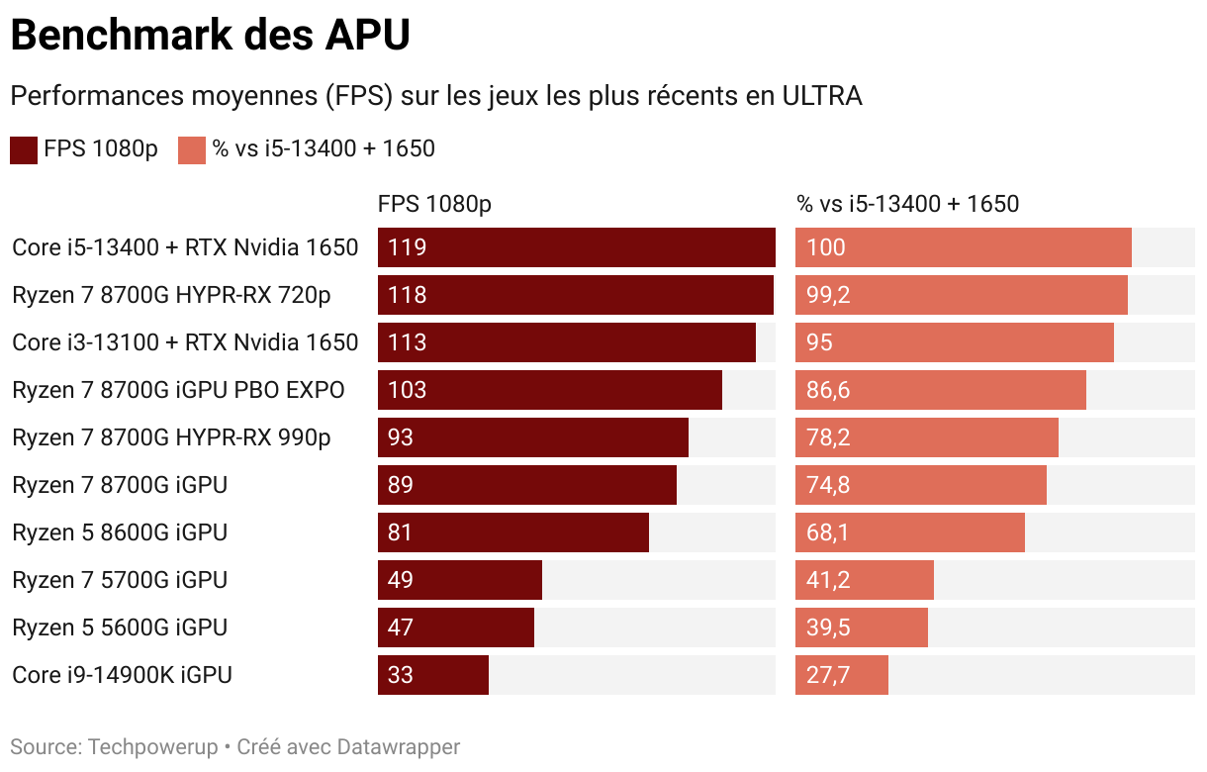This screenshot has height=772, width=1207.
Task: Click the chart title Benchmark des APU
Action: [210, 36]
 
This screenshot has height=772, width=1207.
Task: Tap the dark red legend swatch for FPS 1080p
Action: [24, 149]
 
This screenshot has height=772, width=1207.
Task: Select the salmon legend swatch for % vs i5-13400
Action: [191, 149]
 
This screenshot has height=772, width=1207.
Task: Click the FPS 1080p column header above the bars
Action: [434, 204]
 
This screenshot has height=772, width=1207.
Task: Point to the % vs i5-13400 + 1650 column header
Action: [907, 204]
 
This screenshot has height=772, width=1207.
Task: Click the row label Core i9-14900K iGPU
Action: [122, 675]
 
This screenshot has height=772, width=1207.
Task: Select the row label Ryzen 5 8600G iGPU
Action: [120, 532]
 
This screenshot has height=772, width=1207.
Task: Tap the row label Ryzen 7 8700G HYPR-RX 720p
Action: [171, 295]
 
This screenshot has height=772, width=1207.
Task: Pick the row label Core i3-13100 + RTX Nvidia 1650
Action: [185, 342]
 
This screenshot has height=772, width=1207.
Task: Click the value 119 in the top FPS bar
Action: [408, 247]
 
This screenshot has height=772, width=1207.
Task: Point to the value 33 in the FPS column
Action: [401, 675]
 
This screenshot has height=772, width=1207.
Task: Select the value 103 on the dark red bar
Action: [408, 390]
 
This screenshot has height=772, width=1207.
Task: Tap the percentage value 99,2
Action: [828, 295]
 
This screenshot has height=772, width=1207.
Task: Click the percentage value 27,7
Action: [828, 675]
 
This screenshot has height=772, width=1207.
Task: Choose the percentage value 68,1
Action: [828, 532]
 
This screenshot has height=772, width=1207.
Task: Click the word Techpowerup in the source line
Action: [153, 746]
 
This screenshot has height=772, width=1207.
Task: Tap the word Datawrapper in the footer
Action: [399, 746]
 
